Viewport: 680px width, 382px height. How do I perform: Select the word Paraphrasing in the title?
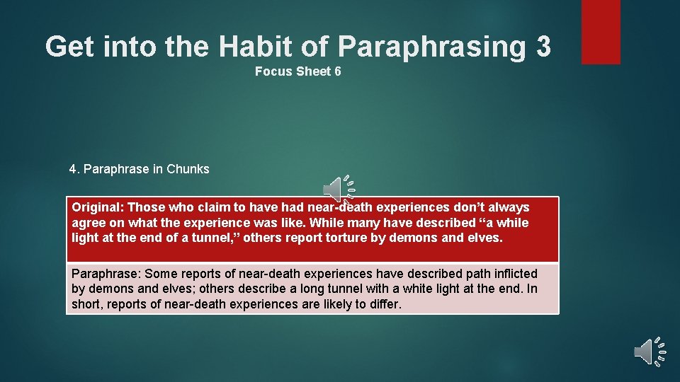[432, 47]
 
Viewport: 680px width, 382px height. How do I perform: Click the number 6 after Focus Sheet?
[338, 71]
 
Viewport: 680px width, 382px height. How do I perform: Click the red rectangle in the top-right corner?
[601, 32]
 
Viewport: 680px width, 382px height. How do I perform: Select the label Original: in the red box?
[98, 207]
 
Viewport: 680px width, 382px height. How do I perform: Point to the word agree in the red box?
[87, 223]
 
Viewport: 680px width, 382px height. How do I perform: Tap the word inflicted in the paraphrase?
[512, 274]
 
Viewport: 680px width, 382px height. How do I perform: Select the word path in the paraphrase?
[464, 274]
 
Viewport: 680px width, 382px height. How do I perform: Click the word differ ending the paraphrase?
[385, 305]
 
